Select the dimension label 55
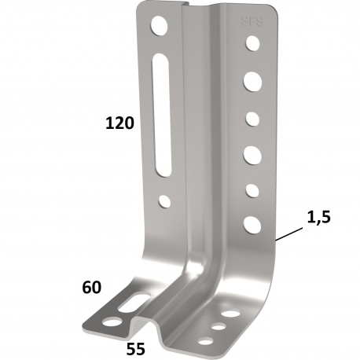(x=136, y=345)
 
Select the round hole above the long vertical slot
(x=160, y=26)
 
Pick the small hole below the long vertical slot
(x=164, y=200)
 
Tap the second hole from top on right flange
(x=253, y=80)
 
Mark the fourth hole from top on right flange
(x=253, y=152)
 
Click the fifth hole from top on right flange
(x=253, y=190)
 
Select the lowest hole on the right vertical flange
(x=253, y=225)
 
